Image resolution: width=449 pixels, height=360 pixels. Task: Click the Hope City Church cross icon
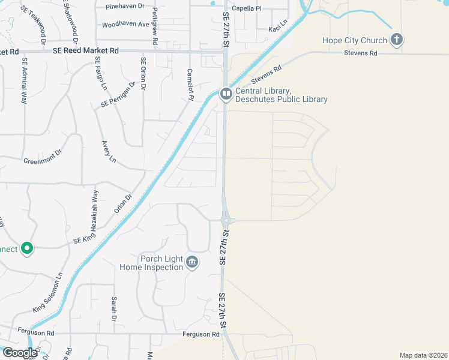[x=396, y=40]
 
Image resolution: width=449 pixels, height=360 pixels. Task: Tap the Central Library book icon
[x=226, y=94]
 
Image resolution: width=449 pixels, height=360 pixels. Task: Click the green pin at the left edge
[x=26, y=248]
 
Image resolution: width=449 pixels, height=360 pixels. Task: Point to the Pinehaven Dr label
[x=125, y=6]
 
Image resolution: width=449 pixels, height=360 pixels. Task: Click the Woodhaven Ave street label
[x=125, y=25]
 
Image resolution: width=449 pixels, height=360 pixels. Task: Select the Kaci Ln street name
[x=278, y=29]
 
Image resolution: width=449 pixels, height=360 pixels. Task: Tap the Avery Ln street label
[x=108, y=152]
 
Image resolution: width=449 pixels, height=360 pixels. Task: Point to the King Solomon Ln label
[x=48, y=293]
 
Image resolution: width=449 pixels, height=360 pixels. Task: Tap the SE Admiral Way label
[x=25, y=80]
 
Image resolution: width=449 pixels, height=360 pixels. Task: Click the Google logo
[x=20, y=352]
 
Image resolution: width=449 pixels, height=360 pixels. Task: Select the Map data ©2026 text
[x=423, y=355]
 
